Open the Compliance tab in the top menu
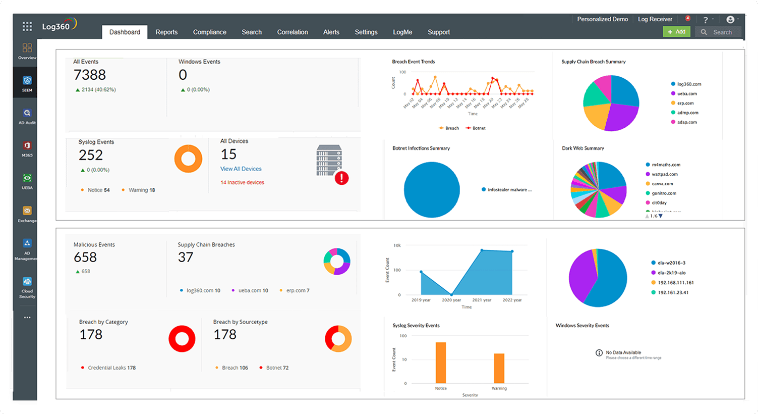(x=209, y=32)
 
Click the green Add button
(x=676, y=32)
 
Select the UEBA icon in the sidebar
(x=27, y=181)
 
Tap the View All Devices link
(x=241, y=169)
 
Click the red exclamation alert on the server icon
(x=341, y=178)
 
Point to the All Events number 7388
(x=90, y=75)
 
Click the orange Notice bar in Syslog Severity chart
(x=441, y=363)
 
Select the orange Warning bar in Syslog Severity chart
(x=499, y=368)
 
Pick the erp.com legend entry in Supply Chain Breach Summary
(x=685, y=103)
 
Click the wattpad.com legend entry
(x=664, y=174)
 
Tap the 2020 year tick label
(x=451, y=300)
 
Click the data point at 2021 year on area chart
(x=482, y=250)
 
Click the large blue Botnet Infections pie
(x=432, y=190)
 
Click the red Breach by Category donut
(x=182, y=339)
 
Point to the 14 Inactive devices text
(x=242, y=182)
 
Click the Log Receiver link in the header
(x=655, y=19)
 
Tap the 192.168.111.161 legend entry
(x=675, y=283)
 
